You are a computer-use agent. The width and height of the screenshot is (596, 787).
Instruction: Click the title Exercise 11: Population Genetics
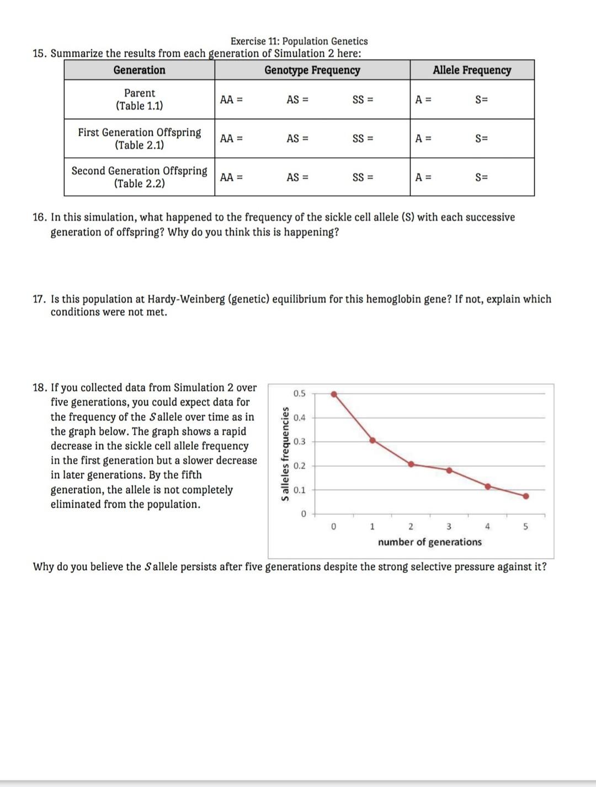tap(299, 41)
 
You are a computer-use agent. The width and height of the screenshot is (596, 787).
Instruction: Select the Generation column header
tap(139, 70)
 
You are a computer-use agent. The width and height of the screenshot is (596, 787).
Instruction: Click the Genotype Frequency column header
tap(312, 70)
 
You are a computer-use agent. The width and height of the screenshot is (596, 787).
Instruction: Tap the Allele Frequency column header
tap(472, 70)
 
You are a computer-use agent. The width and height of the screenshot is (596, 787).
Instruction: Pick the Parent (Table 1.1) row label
tap(139, 99)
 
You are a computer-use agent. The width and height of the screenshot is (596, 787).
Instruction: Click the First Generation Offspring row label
tap(139, 138)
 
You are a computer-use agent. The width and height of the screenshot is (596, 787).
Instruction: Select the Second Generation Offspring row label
tap(139, 177)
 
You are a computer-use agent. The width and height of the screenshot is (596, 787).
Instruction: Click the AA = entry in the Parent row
tap(231, 100)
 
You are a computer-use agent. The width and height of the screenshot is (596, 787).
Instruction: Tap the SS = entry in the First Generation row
tap(363, 138)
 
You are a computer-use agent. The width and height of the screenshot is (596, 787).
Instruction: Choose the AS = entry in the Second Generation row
tap(297, 177)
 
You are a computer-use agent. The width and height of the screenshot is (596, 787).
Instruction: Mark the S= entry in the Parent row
tap(481, 100)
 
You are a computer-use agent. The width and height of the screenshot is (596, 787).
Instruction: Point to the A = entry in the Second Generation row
tap(423, 177)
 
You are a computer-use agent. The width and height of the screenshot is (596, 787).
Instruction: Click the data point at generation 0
tap(334, 394)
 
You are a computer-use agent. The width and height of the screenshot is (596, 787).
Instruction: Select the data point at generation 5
tap(525, 496)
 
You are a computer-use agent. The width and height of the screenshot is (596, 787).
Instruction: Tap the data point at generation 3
tap(449, 470)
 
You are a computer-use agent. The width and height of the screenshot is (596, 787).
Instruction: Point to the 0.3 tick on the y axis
tap(299, 442)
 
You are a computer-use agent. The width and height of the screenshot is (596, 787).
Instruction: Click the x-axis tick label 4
tap(487, 527)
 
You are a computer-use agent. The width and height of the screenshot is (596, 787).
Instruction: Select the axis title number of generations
tap(429, 542)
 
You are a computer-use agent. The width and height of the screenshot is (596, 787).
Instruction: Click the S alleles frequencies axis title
tap(285, 454)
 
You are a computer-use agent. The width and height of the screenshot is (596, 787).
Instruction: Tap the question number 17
tap(39, 299)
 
